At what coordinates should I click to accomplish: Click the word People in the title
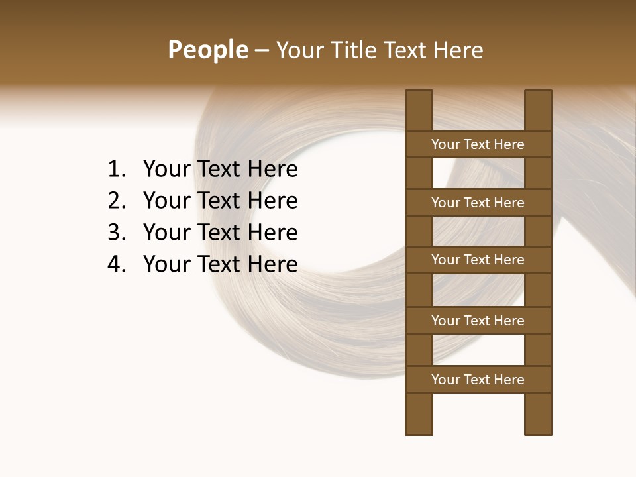point(208,50)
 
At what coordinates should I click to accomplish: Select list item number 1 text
point(220,169)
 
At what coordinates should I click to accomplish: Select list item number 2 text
point(220,201)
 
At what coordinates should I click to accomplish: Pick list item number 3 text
point(220,233)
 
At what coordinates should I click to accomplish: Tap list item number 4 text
point(220,264)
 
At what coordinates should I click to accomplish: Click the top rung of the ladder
point(478,144)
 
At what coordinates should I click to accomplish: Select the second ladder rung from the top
point(478,203)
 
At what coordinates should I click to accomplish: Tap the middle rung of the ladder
point(478,260)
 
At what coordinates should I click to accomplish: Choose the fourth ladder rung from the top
point(478,321)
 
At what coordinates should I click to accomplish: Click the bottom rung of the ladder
point(478,380)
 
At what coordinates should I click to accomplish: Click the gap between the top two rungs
point(478,174)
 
